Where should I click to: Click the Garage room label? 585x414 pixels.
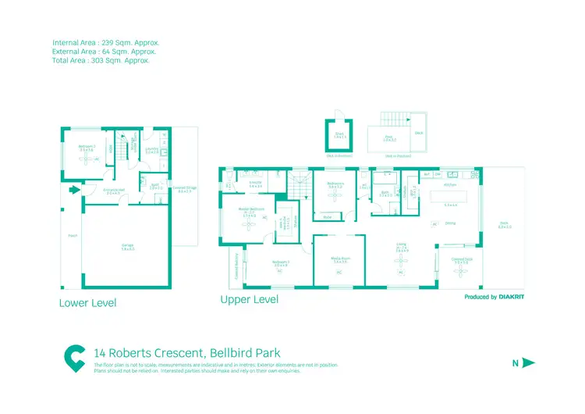point(127,246)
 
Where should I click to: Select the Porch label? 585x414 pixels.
point(73,235)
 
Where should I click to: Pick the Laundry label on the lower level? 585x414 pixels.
point(152,150)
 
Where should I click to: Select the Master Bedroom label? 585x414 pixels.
point(252,210)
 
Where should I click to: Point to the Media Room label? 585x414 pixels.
point(340,261)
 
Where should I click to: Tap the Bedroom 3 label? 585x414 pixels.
point(282,263)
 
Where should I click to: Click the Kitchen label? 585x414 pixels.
point(450,185)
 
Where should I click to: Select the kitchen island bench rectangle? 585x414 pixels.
point(450,195)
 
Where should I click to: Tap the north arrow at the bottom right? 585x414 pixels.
point(527,362)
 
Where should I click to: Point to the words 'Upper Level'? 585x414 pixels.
point(249,300)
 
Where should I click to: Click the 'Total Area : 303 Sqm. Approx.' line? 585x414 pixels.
point(101,59)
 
